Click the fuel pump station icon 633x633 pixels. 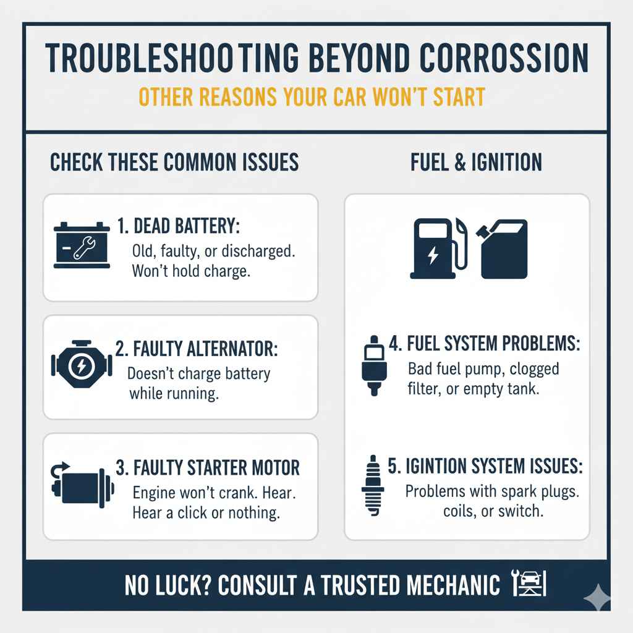pos(438,250)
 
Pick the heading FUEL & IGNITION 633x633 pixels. pos(476,163)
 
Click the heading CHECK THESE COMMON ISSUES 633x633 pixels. pos(174,163)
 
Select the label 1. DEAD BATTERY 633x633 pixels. pos(177,227)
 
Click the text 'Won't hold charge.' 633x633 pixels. pos(191,272)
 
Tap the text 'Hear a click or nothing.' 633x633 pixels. pos(206,512)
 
